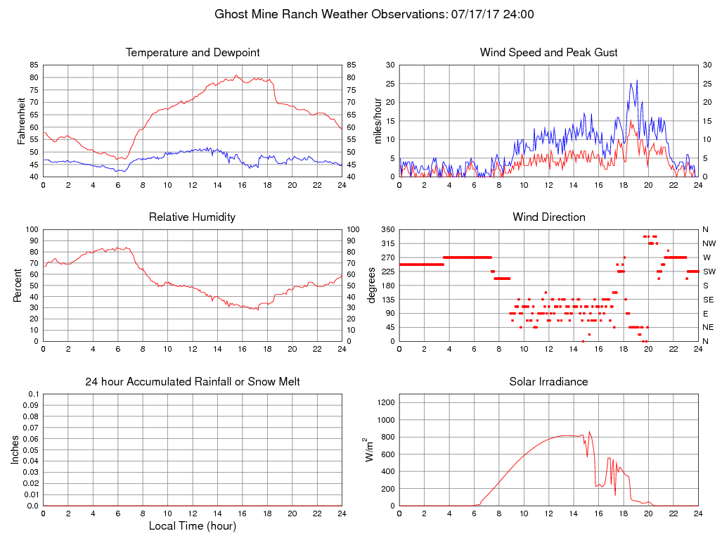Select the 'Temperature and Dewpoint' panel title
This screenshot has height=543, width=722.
pyautogui.click(x=193, y=53)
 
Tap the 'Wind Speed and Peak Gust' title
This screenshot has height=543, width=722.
pyautogui.click(x=548, y=53)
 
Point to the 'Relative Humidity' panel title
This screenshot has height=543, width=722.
pyautogui.click(x=193, y=217)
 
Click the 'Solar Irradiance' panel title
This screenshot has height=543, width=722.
pyautogui.click(x=548, y=382)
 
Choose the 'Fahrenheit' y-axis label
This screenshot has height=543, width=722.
pyautogui.click(x=22, y=120)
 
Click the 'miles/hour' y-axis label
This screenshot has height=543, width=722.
pyautogui.click(x=378, y=120)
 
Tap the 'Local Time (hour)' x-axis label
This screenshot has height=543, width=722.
pyautogui.click(x=193, y=525)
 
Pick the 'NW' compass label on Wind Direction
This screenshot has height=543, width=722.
pyautogui.click(x=709, y=243)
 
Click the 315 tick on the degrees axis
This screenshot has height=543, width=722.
pyautogui.click(x=387, y=243)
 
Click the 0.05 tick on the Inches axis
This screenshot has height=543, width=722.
pyautogui.click(x=31, y=449)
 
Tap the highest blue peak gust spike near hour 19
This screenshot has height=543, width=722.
pyautogui.click(x=637, y=81)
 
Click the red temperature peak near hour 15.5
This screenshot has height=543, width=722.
pyautogui.click(x=236, y=75)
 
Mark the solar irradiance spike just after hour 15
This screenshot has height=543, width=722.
pyautogui.click(x=589, y=432)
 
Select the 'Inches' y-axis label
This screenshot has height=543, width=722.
pyautogui.click(x=15, y=449)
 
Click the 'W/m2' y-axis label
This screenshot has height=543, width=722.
pyautogui.click(x=369, y=449)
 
